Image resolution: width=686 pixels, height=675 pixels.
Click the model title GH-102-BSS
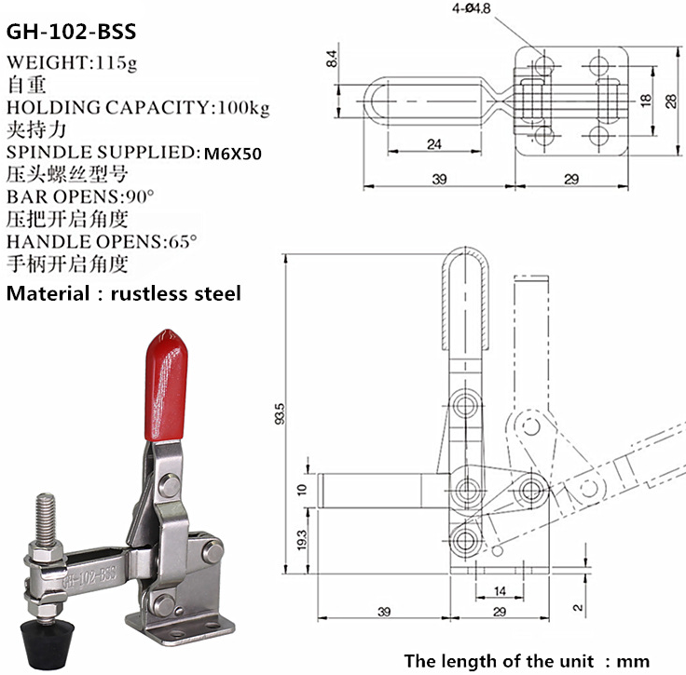tap(72, 32)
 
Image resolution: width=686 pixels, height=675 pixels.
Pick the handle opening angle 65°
tap(180, 242)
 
